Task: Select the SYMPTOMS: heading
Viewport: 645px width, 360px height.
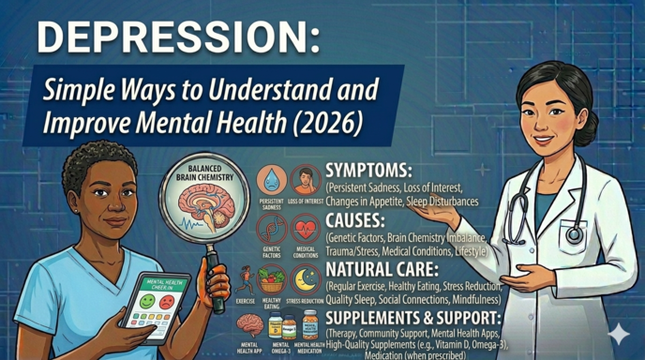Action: [x=371, y=172]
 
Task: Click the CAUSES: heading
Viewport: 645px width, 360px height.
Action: [x=357, y=220]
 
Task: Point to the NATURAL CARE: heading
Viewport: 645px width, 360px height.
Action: [x=385, y=269]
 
